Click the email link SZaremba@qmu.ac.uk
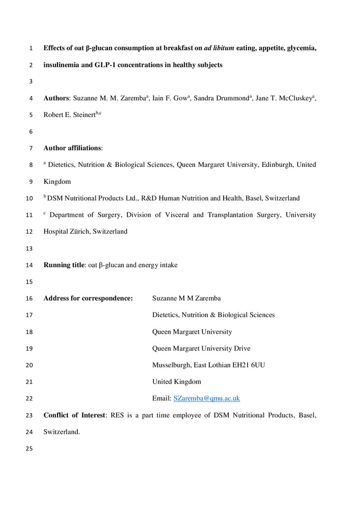coord(206,399)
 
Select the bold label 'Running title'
coord(64,265)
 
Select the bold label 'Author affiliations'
coord(72,148)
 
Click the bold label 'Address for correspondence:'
coord(88,298)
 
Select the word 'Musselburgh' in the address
coord(173,365)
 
